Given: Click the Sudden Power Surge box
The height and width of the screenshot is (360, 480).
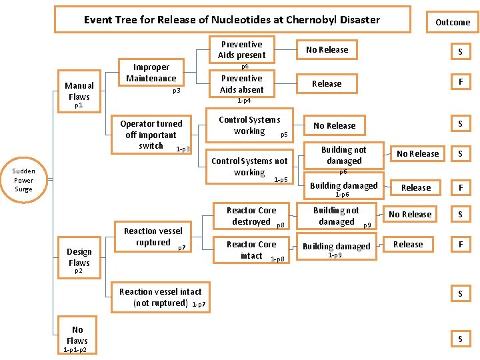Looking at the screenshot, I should click(x=23, y=180).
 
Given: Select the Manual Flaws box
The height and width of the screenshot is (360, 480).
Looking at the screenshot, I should click(x=79, y=91).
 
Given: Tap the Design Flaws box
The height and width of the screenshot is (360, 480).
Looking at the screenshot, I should click(x=79, y=257).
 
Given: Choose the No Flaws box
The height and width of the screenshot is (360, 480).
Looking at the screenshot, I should click(x=77, y=335).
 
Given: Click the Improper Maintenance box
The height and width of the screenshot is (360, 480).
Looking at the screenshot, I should click(x=151, y=73).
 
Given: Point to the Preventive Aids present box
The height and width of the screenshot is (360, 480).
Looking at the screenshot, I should click(x=241, y=50).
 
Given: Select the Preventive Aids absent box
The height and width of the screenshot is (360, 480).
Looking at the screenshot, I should click(x=241, y=84).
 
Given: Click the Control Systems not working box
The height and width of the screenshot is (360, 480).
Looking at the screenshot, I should click(x=249, y=167).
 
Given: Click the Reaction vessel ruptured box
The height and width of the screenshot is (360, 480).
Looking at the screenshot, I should click(x=154, y=237).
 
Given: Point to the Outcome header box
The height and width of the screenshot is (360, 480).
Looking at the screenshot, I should click(x=453, y=23).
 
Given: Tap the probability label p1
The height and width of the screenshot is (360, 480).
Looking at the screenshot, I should click(x=79, y=105).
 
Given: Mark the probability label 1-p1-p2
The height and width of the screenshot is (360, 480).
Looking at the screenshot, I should click(x=75, y=350).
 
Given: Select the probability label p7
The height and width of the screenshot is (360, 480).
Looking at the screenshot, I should click(x=181, y=248).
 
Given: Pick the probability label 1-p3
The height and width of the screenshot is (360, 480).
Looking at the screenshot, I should click(x=183, y=149).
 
